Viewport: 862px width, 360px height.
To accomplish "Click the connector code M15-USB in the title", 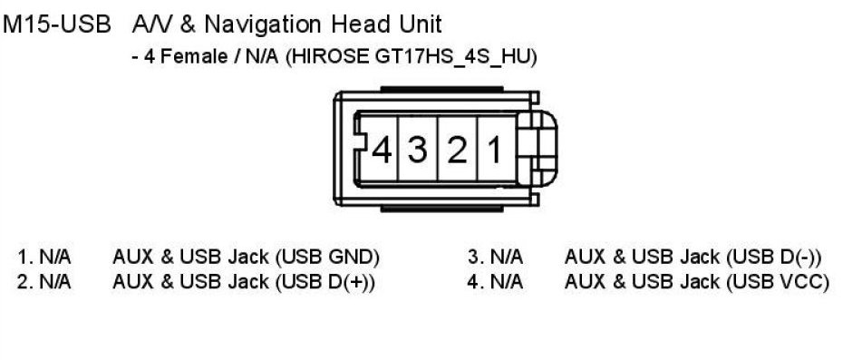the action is click(x=56, y=25).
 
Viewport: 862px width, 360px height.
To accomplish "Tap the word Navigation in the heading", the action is click(x=263, y=25).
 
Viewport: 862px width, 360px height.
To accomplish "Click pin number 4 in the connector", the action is click(x=382, y=150).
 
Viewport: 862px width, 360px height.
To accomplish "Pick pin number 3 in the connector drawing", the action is click(x=417, y=150).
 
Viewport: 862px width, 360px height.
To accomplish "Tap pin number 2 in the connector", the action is click(x=457, y=150).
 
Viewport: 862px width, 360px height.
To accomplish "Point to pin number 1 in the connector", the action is click(x=495, y=150).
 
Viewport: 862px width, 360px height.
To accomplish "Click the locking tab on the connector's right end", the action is click(x=538, y=148).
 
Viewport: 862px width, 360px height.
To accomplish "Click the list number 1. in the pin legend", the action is click(x=25, y=257).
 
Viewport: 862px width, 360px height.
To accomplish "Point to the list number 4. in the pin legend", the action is click(x=474, y=282).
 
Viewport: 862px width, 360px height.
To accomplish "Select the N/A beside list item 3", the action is click(x=507, y=257).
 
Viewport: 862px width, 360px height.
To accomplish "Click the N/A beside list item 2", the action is click(x=55, y=282).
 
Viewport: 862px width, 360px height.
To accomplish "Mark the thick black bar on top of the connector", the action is click(x=441, y=89).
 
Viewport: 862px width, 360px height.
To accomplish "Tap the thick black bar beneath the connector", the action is click(x=441, y=209).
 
